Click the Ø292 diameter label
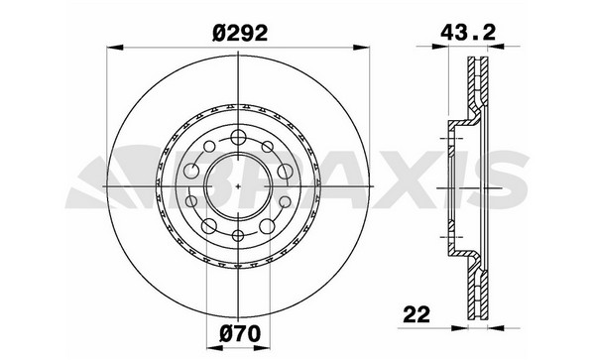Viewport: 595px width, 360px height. [240, 33]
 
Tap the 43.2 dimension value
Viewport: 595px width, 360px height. [468, 33]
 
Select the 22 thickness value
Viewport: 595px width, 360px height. [416, 314]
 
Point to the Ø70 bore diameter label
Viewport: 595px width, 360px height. [240, 334]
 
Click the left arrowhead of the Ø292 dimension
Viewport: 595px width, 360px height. [115, 48]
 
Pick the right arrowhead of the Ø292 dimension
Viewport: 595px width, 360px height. [361, 48]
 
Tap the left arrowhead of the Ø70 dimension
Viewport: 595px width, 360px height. [214, 348]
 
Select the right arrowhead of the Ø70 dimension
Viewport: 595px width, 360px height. [262, 348]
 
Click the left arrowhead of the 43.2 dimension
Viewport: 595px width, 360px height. [440, 47]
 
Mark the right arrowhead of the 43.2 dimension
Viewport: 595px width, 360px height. [497, 47]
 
